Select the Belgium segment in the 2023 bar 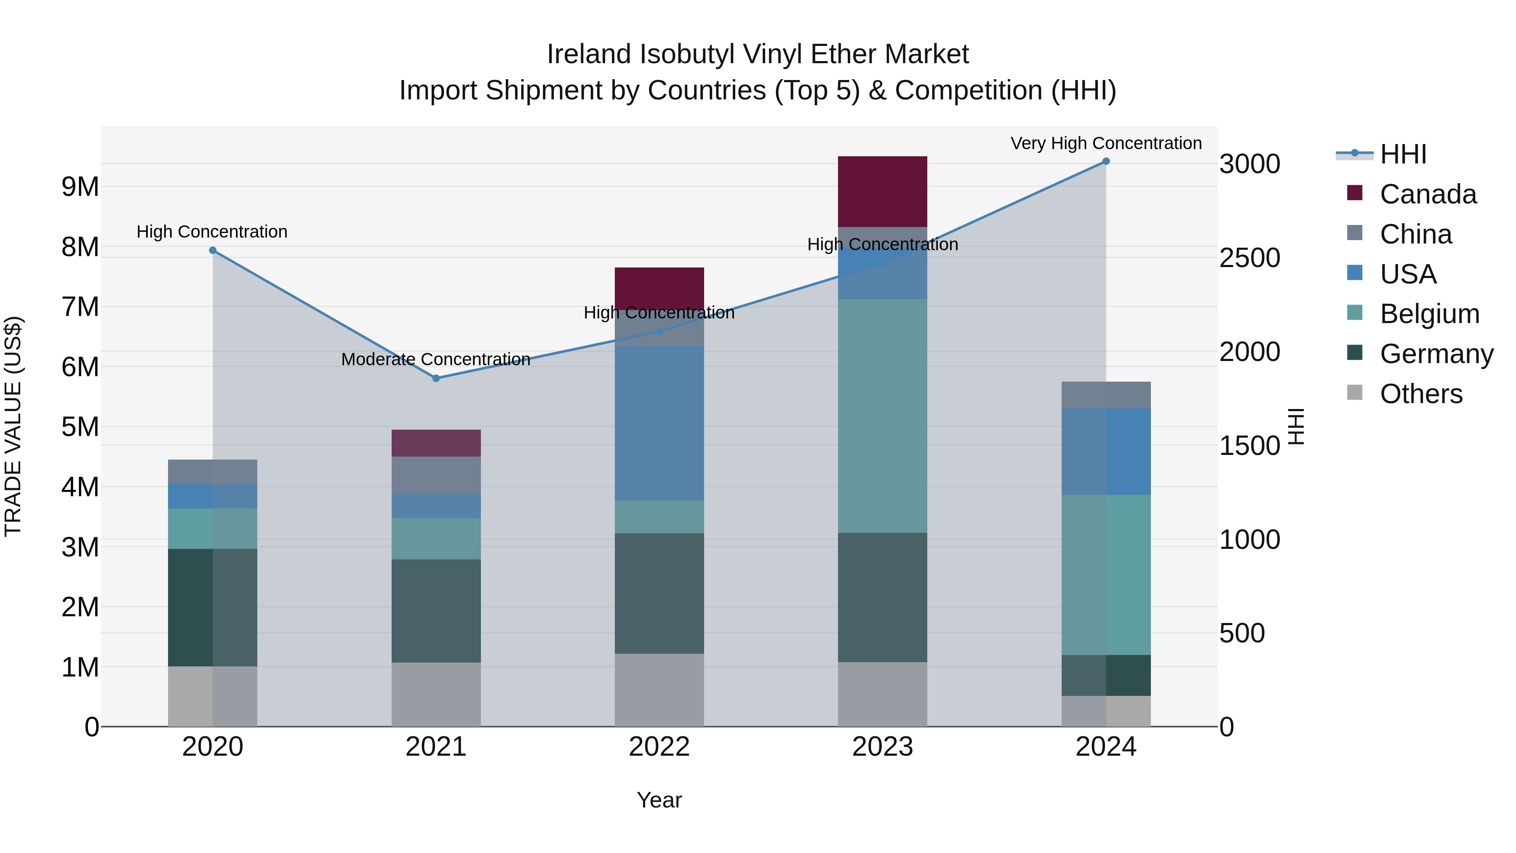pyautogui.click(x=882, y=416)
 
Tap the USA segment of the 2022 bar pyautogui.click(x=659, y=422)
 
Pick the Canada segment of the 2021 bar pyautogui.click(x=436, y=443)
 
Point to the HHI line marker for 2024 pyautogui.click(x=1106, y=161)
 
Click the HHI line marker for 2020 pyautogui.click(x=213, y=250)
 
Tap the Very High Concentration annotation pyautogui.click(x=1106, y=143)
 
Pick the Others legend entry pyautogui.click(x=1421, y=394)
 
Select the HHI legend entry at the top pyautogui.click(x=1403, y=154)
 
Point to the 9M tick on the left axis pyautogui.click(x=80, y=187)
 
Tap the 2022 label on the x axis pyautogui.click(x=659, y=747)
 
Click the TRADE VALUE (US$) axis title pyautogui.click(x=13, y=426)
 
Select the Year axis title pyautogui.click(x=659, y=800)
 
